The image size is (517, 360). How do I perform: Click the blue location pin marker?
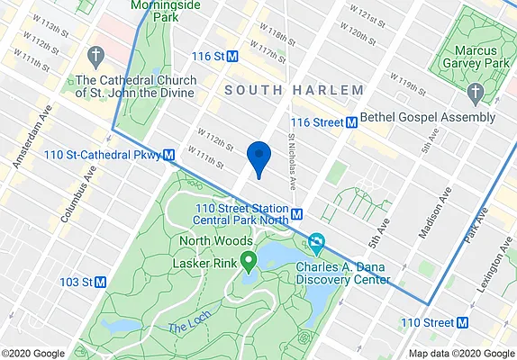(259, 156)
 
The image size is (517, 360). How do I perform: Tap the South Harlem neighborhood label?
(294, 90)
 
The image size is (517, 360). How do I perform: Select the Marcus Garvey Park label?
(475, 55)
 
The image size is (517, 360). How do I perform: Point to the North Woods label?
(214, 241)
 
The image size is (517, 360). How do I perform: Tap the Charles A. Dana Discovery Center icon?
(316, 243)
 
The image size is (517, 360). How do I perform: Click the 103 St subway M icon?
(100, 282)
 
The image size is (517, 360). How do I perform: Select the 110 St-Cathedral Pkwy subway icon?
(168, 155)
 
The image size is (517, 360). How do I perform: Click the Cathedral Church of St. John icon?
(93, 56)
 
